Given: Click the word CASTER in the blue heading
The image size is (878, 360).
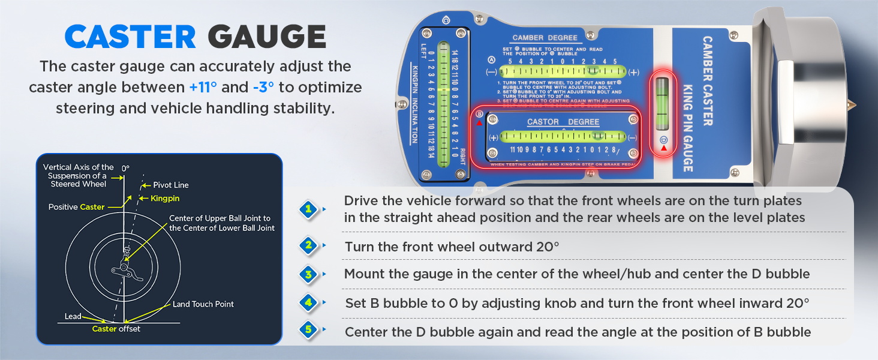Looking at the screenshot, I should click(x=130, y=37).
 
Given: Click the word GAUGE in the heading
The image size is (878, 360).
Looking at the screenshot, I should click(x=267, y=37).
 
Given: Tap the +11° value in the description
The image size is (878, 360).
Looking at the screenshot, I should click(x=203, y=87).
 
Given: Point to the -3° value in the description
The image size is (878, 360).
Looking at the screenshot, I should click(x=263, y=87).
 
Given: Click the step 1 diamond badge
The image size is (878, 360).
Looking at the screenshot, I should click(x=308, y=209).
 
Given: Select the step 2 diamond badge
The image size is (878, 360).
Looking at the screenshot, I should click(x=308, y=245).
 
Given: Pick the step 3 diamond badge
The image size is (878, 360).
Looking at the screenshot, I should click(x=308, y=274).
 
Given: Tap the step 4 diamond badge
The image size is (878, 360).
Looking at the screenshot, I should click(x=308, y=303).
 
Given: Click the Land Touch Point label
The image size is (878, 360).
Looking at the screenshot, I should click(x=203, y=304).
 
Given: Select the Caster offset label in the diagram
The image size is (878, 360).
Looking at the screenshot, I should click(x=116, y=329).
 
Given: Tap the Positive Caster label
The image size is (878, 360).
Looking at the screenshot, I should click(x=76, y=207).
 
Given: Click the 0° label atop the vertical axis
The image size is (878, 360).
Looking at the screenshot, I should click(x=125, y=169).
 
